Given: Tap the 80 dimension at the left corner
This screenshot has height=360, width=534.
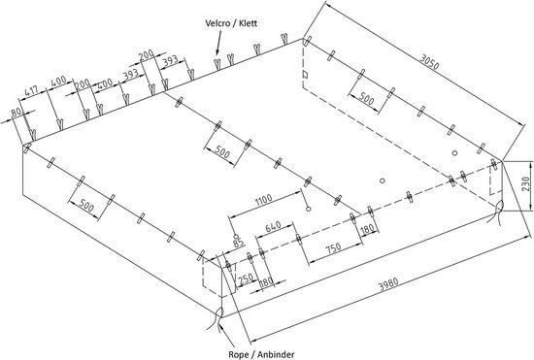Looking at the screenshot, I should tap(15, 115).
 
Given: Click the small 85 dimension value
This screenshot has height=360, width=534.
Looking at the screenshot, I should tap(237, 240).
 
